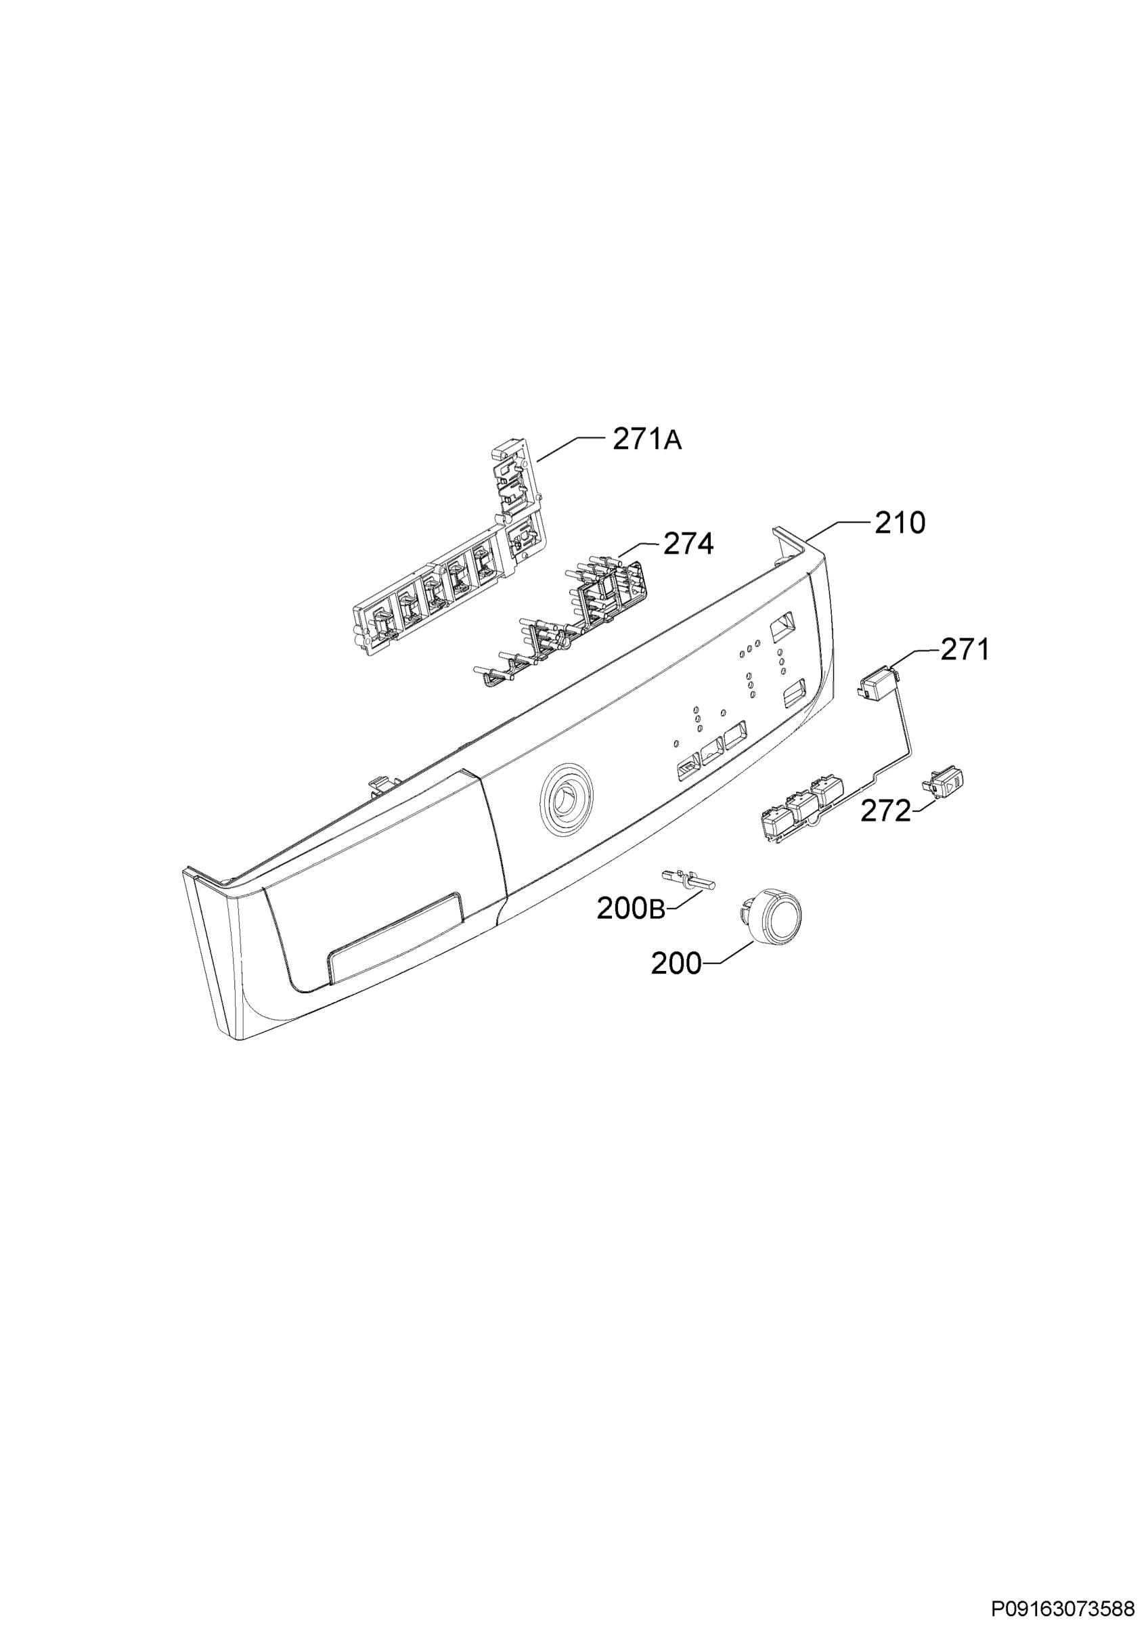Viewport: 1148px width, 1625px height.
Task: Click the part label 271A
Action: pos(646,440)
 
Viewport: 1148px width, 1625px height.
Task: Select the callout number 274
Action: pos(688,544)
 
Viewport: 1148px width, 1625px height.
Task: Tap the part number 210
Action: pos(900,523)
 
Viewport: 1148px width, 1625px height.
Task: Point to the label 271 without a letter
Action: pos(964,649)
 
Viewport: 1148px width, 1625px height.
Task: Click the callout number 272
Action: pos(885,811)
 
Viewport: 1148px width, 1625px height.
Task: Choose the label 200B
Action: pos(631,909)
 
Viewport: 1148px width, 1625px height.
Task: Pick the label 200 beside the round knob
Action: pos(676,963)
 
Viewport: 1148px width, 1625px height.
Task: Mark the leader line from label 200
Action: pos(729,952)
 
